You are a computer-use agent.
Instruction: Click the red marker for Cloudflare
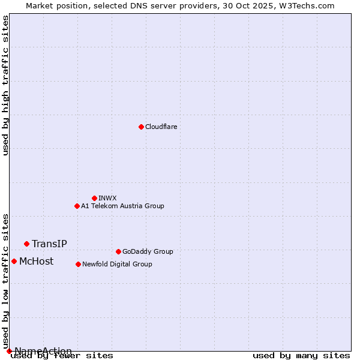click(141, 127)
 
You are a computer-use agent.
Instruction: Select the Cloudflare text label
click(161, 127)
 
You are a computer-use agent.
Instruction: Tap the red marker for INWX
click(94, 198)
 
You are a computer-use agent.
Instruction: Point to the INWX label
click(107, 199)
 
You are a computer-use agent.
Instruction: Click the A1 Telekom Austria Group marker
click(77, 206)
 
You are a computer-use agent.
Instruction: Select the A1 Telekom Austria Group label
click(122, 206)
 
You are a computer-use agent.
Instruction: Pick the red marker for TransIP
click(26, 244)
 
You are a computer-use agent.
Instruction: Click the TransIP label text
click(49, 244)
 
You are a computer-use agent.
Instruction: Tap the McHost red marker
click(14, 261)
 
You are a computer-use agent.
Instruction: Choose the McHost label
click(36, 262)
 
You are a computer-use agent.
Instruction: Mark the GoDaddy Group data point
click(118, 251)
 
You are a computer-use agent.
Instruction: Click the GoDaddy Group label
click(148, 252)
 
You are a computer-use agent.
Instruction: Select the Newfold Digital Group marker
click(78, 264)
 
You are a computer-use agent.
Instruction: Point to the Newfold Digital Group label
click(117, 265)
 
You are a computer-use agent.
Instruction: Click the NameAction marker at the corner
click(9, 351)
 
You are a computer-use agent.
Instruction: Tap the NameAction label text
click(43, 351)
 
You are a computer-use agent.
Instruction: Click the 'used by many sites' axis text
click(301, 356)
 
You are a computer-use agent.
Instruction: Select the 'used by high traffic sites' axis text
click(6, 85)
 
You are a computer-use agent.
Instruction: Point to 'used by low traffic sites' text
click(6, 277)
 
